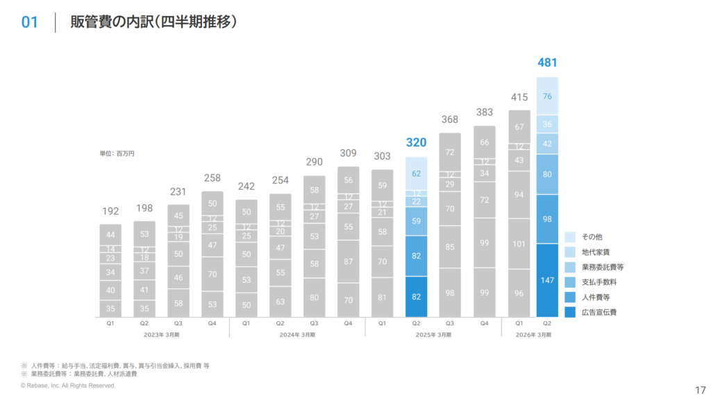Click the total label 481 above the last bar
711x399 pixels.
[x=547, y=63]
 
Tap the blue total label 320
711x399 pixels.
[x=416, y=142]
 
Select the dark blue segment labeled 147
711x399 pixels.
[x=547, y=281]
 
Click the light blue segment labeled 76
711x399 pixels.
[x=547, y=96]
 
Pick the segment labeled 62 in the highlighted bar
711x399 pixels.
[x=416, y=173]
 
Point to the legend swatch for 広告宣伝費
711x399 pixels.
[x=570, y=312]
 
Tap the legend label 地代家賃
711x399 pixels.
[x=596, y=252]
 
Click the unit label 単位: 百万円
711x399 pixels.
[x=117, y=153]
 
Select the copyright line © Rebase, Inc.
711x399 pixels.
[x=68, y=385]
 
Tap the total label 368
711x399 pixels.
[x=450, y=120]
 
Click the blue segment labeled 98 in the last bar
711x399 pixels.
[x=547, y=219]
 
